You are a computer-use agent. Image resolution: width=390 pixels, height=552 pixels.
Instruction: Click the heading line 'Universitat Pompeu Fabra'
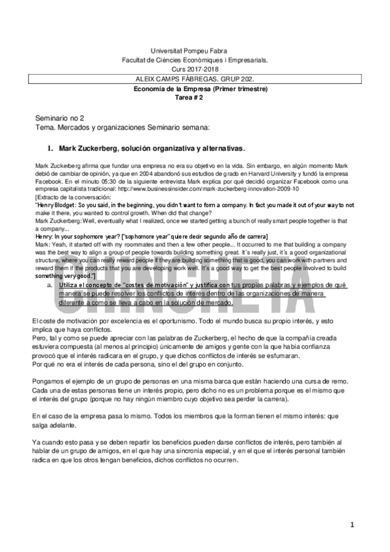coord(194,50)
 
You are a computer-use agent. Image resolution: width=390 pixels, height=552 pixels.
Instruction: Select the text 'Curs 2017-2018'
coord(194,68)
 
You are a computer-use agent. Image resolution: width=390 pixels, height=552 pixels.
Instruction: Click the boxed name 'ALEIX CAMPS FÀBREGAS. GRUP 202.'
coord(194,78)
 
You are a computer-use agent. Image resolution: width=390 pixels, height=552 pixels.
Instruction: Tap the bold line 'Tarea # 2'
coord(194,96)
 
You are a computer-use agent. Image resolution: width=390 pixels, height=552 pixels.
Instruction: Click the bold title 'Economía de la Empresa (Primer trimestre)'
coord(194,88)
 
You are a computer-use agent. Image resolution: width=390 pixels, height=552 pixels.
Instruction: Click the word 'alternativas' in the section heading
coord(221,148)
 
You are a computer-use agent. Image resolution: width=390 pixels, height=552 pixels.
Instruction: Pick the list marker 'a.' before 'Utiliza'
coord(69,285)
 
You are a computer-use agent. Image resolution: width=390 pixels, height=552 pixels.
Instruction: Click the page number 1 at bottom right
coord(352,525)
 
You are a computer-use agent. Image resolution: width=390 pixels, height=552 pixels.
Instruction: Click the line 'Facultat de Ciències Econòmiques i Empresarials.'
coord(194,59)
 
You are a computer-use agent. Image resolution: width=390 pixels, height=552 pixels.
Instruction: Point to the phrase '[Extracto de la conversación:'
coord(73,197)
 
